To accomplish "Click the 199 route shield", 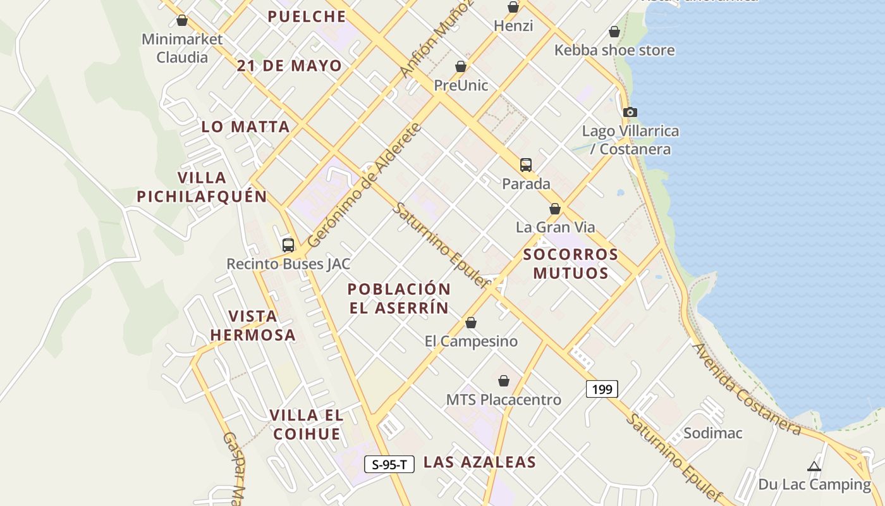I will (602, 389).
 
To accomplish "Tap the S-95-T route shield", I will (389, 464).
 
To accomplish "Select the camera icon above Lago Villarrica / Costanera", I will (630, 112).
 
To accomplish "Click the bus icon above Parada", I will (526, 165).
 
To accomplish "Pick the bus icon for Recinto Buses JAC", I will (288, 245).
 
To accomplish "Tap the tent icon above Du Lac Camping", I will (814, 467).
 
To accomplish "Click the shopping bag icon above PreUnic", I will (461, 66).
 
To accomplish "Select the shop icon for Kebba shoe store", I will (614, 32).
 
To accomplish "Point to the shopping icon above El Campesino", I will (471, 323).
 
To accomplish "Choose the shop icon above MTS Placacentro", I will (504, 381).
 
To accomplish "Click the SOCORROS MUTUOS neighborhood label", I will (571, 264).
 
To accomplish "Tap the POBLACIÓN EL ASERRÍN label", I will (399, 299).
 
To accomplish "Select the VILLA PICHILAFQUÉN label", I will (202, 187).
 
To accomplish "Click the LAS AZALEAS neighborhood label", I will (479, 462).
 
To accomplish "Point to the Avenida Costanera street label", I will (746, 389).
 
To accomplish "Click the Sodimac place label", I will (713, 433).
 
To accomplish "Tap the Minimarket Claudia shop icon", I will (182, 20).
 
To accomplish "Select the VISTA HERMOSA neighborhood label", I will (253, 325).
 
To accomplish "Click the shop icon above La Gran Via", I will (555, 209).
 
